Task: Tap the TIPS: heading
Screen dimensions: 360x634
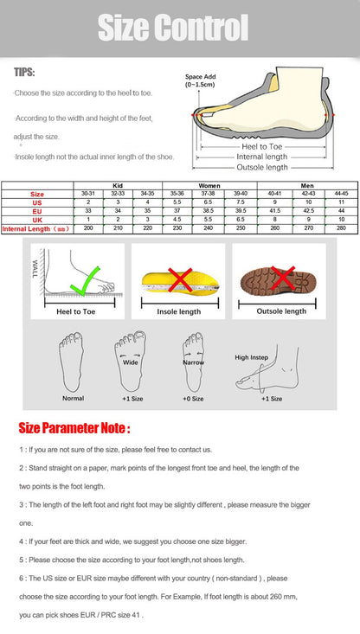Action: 24,73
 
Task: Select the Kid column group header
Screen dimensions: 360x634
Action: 118,185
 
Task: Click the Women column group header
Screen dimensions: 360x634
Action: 209,185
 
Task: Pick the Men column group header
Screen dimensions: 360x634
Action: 307,185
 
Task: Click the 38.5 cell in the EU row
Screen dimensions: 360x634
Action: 208,211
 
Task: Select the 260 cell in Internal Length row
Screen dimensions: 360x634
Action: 274,228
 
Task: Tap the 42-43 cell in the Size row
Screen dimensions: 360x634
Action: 308,194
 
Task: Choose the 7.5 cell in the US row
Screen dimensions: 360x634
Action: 241,202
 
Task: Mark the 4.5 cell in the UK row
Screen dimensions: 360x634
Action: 177,220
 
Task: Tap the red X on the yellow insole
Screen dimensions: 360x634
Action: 179,279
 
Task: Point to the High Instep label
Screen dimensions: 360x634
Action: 253,357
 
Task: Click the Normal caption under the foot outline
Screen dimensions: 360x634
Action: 73,398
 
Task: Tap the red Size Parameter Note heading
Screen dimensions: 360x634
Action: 74,427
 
